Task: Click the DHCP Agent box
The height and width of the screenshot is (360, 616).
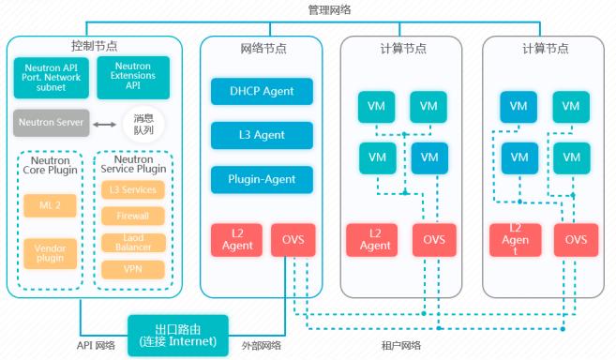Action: pos(262,92)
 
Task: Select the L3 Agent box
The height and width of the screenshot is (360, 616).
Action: pos(262,135)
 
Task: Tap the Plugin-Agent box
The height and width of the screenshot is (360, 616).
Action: pos(262,179)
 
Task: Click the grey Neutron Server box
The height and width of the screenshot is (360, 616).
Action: pos(53,123)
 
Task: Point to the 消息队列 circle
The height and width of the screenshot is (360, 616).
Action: pos(143,123)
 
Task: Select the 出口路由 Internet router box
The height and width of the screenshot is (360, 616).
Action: pos(178,337)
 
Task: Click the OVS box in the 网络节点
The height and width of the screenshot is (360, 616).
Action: pos(293,239)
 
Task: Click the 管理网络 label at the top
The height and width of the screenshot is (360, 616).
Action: pos(331,9)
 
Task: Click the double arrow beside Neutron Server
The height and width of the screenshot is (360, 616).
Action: pos(106,123)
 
